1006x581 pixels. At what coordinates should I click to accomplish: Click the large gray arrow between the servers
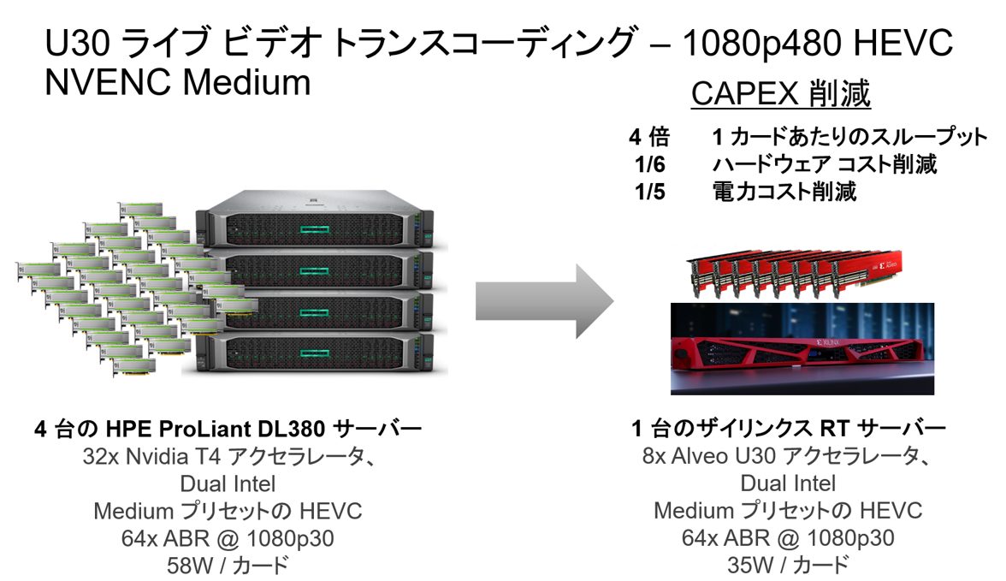544,302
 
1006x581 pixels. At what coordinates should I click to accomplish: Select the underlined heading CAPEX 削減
780,95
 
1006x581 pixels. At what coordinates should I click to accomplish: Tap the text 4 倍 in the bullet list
649,138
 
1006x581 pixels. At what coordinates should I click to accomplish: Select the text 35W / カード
788,565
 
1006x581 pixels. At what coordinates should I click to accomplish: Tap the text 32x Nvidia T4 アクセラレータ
228,457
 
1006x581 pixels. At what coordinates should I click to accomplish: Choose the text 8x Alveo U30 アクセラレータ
788,457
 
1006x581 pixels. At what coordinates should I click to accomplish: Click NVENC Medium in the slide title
177,83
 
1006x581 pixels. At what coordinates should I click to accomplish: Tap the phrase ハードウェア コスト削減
824,164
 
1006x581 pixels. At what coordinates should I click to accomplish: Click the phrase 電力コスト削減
784,192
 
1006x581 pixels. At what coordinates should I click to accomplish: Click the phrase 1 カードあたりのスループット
849,138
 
